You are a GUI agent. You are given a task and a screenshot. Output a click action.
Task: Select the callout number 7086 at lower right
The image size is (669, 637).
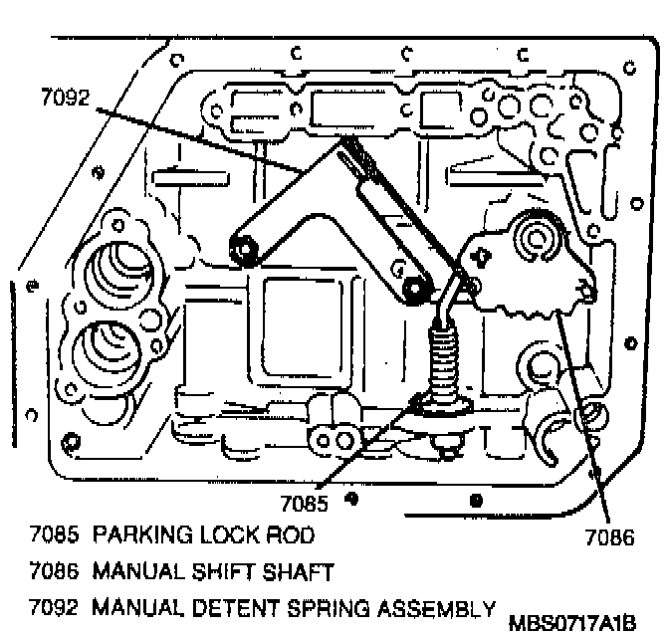[x=608, y=540]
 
